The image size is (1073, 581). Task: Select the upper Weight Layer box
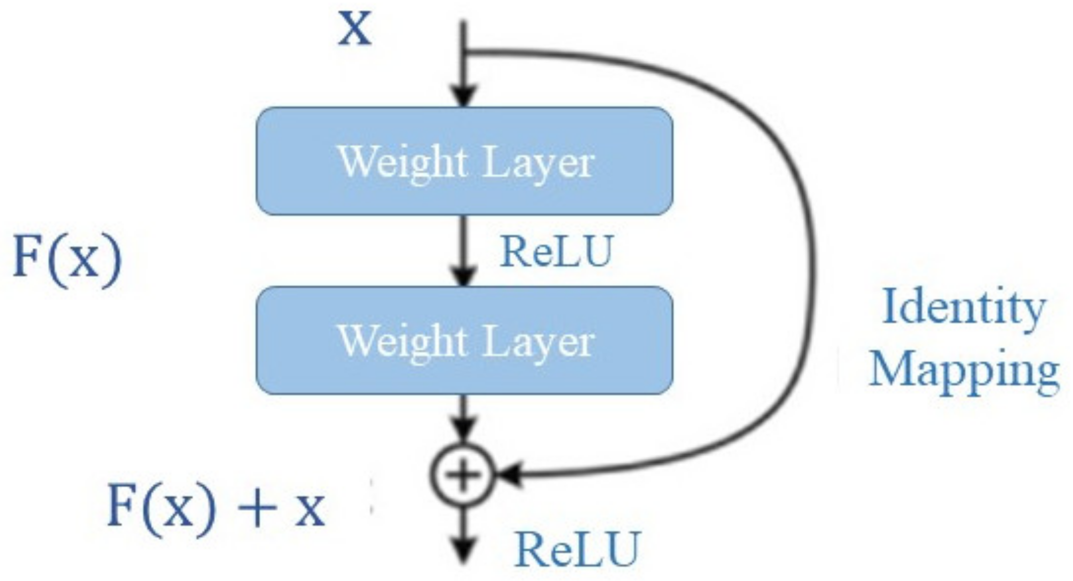(464, 161)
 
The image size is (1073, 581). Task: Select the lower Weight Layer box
(464, 341)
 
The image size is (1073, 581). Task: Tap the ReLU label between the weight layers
(557, 252)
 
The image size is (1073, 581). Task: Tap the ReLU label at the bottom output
(578, 550)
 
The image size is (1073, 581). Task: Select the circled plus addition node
(462, 475)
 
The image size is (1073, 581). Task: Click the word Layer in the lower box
(538, 342)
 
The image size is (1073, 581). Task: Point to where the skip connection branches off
(464, 51)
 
